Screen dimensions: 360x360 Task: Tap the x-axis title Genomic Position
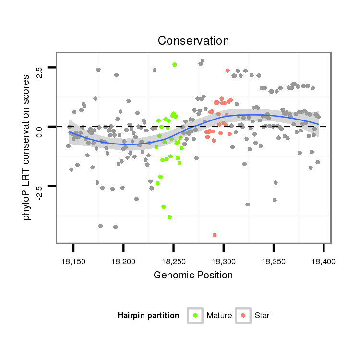(193, 275)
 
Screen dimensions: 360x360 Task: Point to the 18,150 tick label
(73, 261)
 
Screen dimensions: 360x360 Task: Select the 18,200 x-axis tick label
(123, 261)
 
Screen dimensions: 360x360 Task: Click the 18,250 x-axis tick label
(173, 261)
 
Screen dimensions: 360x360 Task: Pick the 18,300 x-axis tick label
(223, 261)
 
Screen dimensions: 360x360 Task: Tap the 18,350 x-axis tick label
(273, 261)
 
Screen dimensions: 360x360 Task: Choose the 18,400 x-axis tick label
(323, 261)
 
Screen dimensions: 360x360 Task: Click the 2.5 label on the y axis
(40, 72)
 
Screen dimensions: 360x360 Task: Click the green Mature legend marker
(196, 315)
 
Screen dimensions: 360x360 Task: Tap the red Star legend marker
(244, 315)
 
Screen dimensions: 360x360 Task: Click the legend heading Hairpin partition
(148, 316)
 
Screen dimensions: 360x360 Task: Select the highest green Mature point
(174, 64)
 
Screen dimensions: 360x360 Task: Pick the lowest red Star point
(215, 235)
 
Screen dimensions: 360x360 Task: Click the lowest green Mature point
(169, 217)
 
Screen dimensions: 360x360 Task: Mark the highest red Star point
(228, 71)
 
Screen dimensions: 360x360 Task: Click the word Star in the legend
(262, 316)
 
